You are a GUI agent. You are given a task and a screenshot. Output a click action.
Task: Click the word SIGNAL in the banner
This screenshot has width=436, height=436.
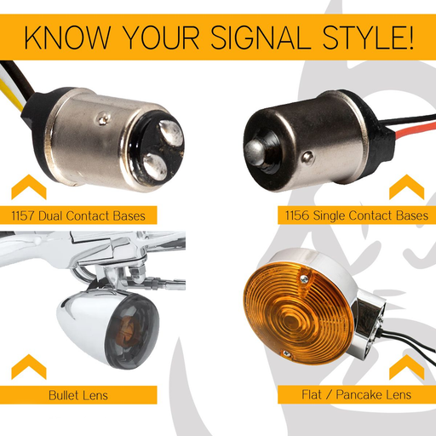tap(260, 37)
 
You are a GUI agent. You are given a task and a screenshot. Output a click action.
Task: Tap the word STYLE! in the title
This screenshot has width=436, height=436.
tap(368, 37)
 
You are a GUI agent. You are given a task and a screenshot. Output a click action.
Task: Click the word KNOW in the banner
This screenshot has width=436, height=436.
tap(67, 37)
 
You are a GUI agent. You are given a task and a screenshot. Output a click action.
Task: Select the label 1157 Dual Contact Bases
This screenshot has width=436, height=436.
tap(78, 215)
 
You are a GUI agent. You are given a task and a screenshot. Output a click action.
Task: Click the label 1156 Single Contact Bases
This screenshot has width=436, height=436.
tap(357, 215)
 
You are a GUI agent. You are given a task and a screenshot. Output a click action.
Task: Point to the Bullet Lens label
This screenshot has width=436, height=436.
tap(78, 395)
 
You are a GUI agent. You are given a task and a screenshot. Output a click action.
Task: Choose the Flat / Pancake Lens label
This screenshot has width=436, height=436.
tap(357, 394)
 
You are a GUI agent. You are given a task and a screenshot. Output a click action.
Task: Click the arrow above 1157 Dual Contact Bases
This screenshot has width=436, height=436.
tap(29, 186)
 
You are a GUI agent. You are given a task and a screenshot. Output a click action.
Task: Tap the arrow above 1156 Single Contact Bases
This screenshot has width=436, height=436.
tap(407, 186)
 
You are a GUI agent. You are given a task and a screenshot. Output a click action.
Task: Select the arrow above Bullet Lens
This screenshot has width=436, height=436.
tap(29, 366)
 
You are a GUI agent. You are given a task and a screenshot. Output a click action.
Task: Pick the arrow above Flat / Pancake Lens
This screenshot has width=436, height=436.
tap(407, 366)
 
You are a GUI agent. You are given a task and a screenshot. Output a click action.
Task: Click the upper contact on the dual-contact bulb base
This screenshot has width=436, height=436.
tap(171, 133)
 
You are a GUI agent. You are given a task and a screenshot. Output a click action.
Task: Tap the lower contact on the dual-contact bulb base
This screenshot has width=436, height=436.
tap(155, 167)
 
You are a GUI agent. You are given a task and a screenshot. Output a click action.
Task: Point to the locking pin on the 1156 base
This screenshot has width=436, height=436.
tap(307, 157)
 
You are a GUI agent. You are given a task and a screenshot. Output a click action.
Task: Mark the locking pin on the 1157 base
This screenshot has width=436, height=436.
tap(103, 119)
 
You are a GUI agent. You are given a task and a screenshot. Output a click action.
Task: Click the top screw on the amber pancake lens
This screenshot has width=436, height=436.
tap(304, 279)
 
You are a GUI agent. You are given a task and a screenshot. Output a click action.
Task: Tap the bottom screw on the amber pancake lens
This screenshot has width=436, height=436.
tap(287, 353)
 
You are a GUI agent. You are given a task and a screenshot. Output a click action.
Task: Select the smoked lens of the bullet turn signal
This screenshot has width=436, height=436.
tap(131, 331)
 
